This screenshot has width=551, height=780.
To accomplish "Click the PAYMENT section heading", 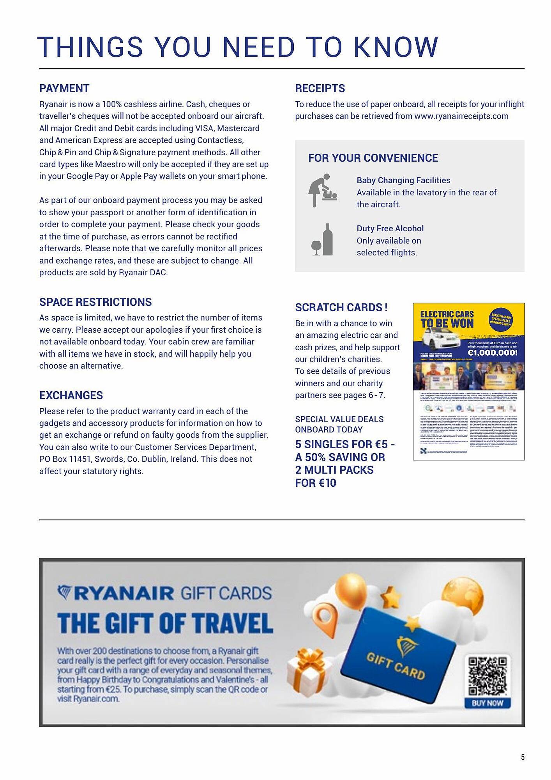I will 64,89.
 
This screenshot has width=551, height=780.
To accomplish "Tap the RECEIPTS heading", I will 320,89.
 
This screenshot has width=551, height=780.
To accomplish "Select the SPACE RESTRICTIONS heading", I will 95,302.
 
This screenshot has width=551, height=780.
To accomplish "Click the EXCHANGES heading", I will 71,395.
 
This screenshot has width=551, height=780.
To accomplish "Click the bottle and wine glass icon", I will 323,240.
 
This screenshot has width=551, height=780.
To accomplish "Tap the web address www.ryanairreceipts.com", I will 461,116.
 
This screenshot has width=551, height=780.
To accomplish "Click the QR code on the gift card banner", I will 487,676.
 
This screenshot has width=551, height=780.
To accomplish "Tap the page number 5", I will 523,757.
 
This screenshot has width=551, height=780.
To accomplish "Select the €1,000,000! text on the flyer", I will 492,353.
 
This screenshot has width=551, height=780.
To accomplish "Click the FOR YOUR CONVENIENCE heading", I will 373,158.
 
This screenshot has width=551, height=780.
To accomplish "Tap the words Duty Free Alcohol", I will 390,229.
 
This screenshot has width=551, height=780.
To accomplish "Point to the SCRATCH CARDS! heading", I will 341,307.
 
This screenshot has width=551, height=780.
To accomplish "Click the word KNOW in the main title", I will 396,48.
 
